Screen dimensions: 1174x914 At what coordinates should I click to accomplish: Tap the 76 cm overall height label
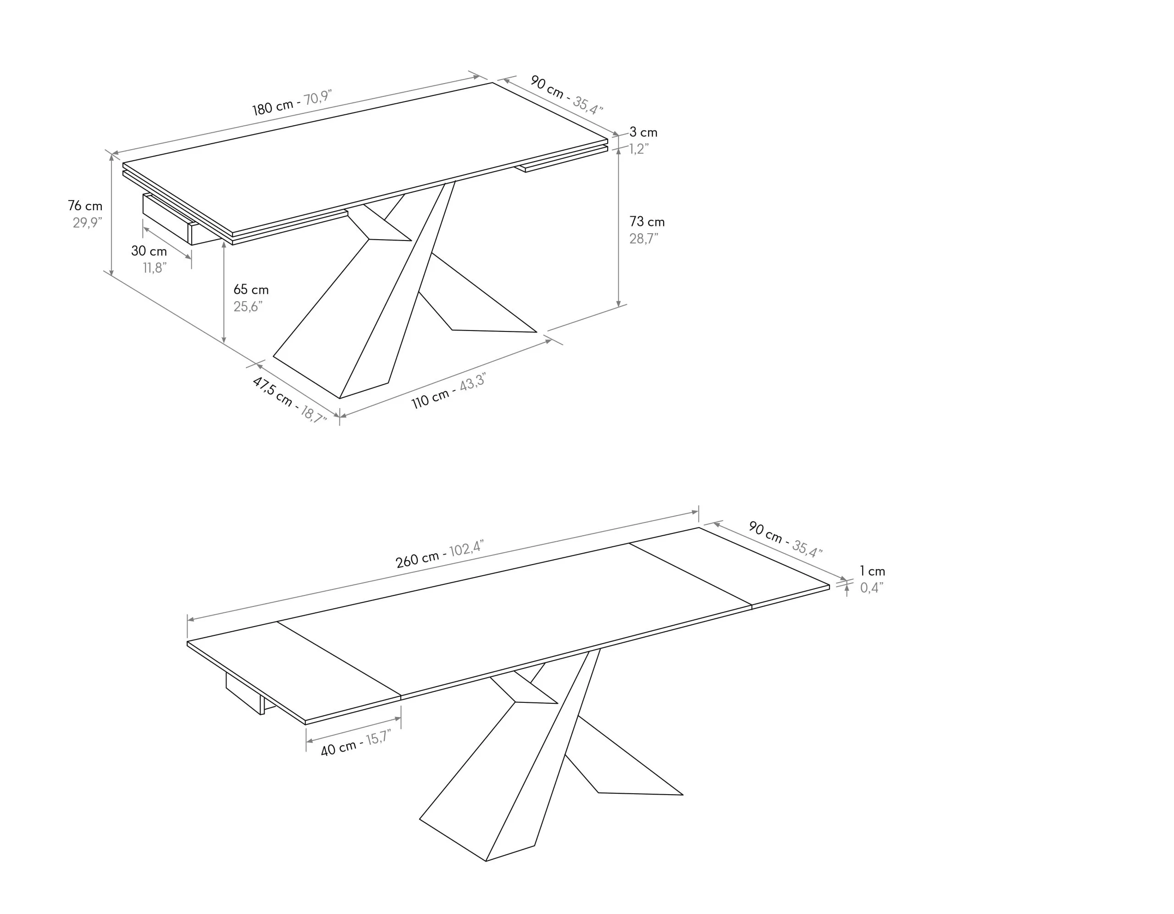85,206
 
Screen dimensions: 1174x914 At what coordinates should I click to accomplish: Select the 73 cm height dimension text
647,222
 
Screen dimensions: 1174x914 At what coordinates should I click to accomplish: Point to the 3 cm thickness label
643,132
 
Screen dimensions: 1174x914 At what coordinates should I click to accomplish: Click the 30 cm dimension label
149,251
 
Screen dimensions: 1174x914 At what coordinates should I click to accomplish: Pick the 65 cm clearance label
251,289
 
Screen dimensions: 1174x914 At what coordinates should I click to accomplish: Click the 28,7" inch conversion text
644,238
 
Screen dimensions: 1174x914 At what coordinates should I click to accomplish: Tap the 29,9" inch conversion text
88,222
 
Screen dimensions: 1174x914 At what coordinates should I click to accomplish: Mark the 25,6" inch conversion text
248,307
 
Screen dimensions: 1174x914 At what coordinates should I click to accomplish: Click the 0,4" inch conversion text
871,588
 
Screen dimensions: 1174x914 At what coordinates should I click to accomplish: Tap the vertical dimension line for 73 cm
619,227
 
